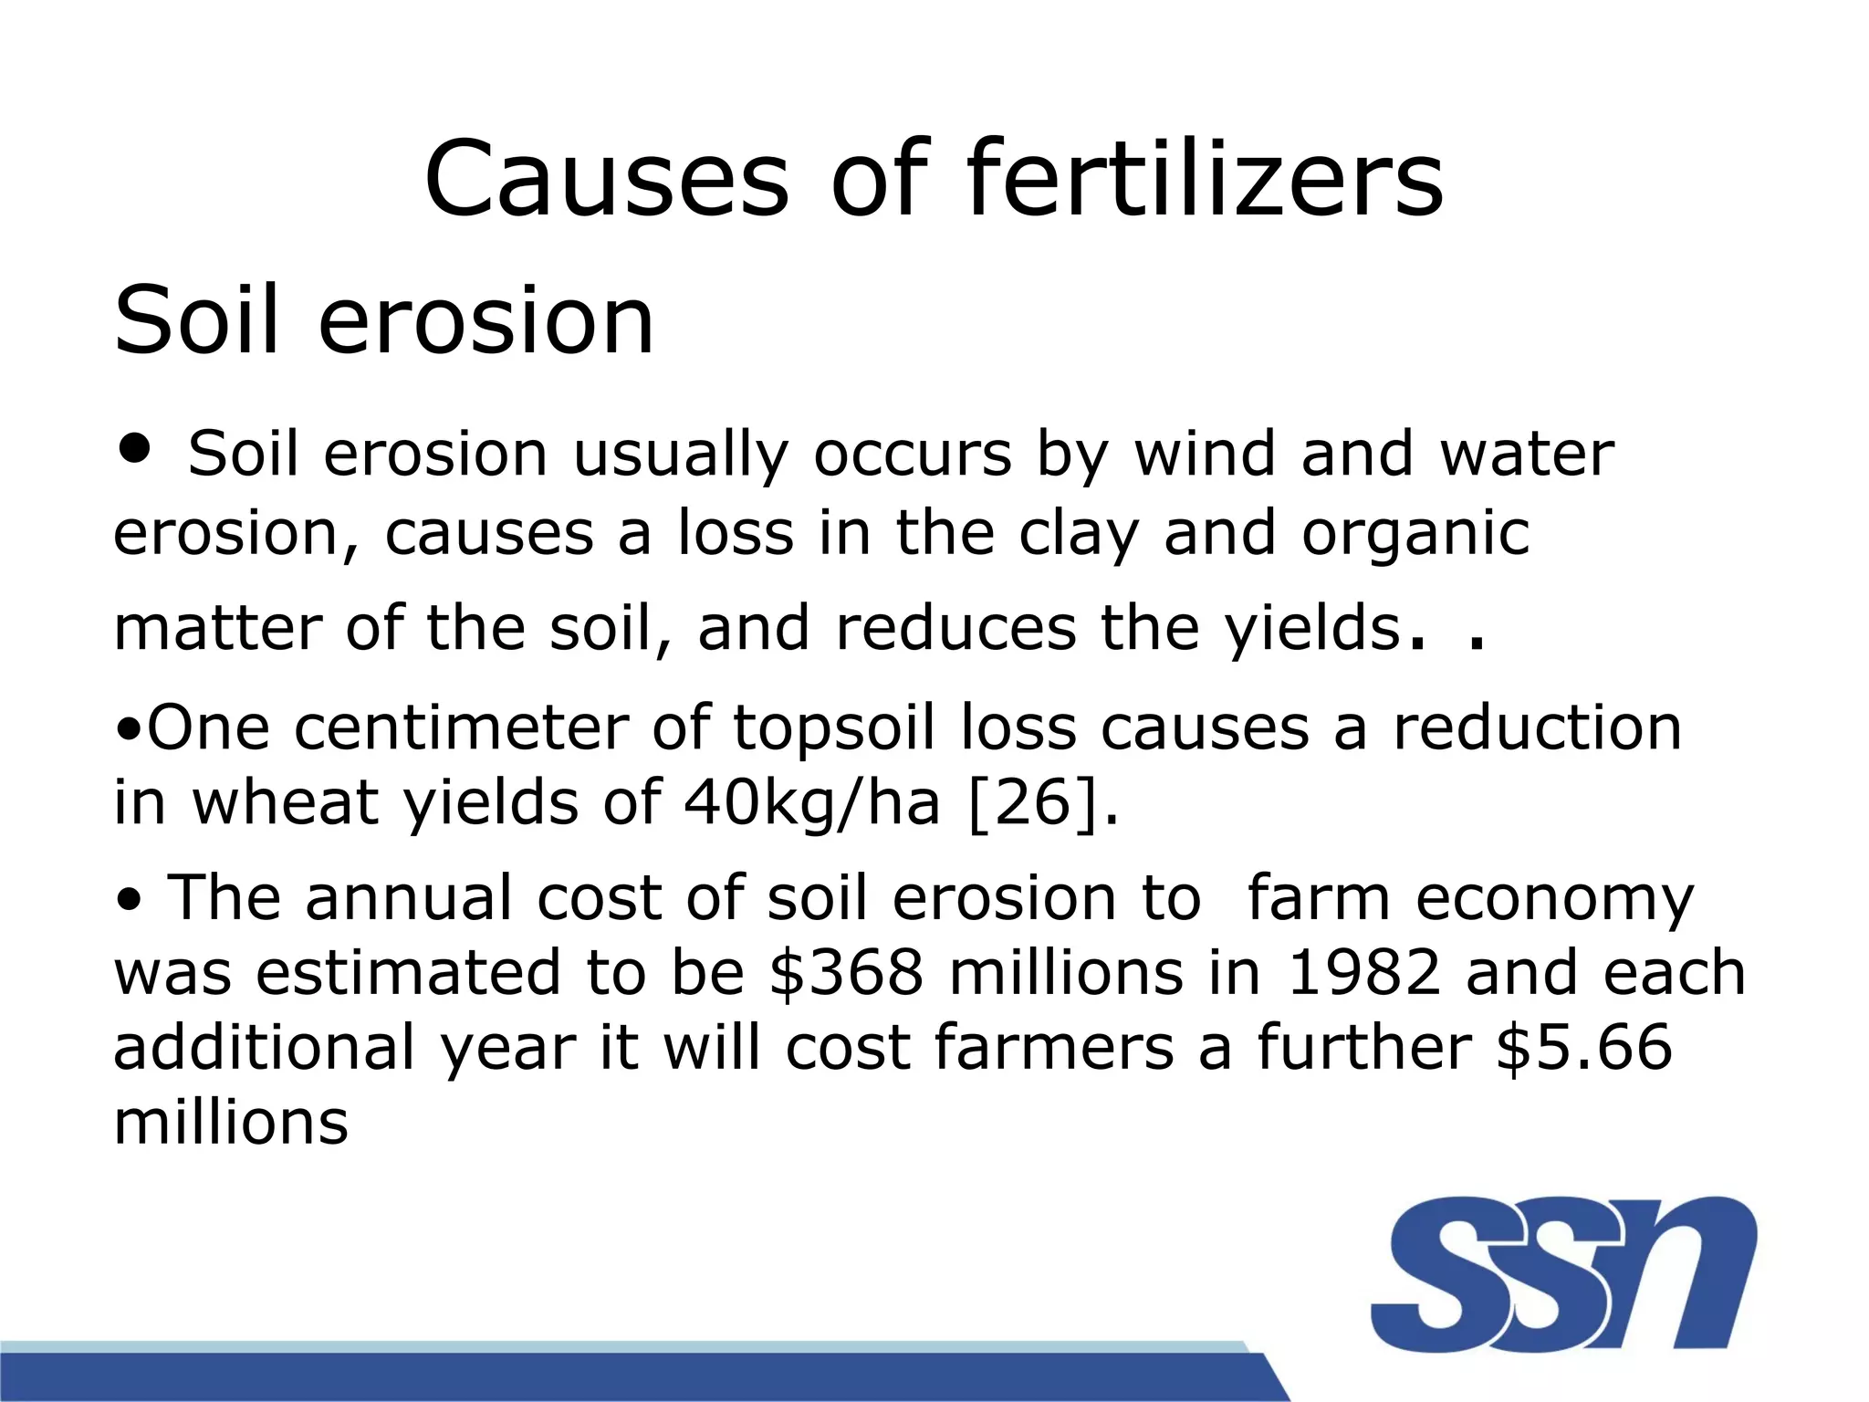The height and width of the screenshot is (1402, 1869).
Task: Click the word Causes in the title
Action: pos(606,179)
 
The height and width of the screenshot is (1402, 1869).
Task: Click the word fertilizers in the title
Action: pos(1205,179)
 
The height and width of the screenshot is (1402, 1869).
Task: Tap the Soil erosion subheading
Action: pos(383,319)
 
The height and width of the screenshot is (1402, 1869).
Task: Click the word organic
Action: pos(1415,533)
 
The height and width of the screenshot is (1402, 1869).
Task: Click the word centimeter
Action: pos(462,728)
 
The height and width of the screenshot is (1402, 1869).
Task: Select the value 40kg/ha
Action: pos(811,803)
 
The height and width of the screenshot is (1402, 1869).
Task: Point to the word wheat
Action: pos(286,803)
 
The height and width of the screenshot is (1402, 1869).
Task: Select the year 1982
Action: pos(1363,972)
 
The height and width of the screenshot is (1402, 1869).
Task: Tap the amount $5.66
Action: pos(1584,1047)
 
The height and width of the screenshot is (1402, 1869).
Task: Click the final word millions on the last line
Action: pos(231,1122)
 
